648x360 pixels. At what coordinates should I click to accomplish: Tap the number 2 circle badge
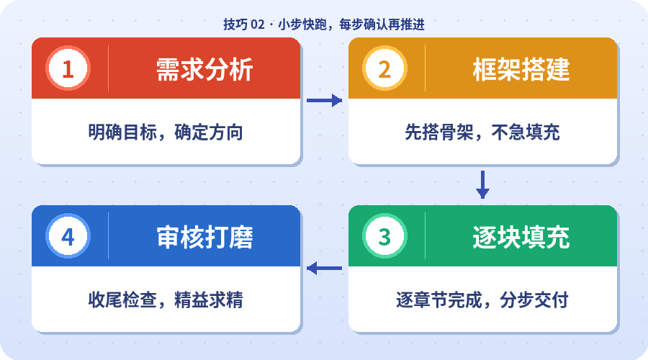(x=384, y=69)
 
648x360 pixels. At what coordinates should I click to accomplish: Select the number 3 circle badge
(x=384, y=236)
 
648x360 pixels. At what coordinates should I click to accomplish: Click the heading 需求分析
(x=204, y=69)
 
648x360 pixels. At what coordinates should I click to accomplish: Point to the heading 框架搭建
(x=521, y=69)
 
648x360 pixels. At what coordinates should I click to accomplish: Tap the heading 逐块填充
(x=521, y=236)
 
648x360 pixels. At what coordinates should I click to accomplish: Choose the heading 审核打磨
(x=204, y=236)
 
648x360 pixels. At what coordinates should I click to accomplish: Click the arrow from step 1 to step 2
(x=324, y=101)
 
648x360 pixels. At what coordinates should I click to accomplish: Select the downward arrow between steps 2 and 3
(x=482, y=184)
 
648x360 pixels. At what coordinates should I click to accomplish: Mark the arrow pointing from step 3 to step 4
(x=324, y=269)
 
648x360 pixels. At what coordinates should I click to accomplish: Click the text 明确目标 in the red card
(x=117, y=132)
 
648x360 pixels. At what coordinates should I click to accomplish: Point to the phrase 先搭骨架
(x=433, y=132)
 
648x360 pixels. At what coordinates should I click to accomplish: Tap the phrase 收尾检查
(x=117, y=300)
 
